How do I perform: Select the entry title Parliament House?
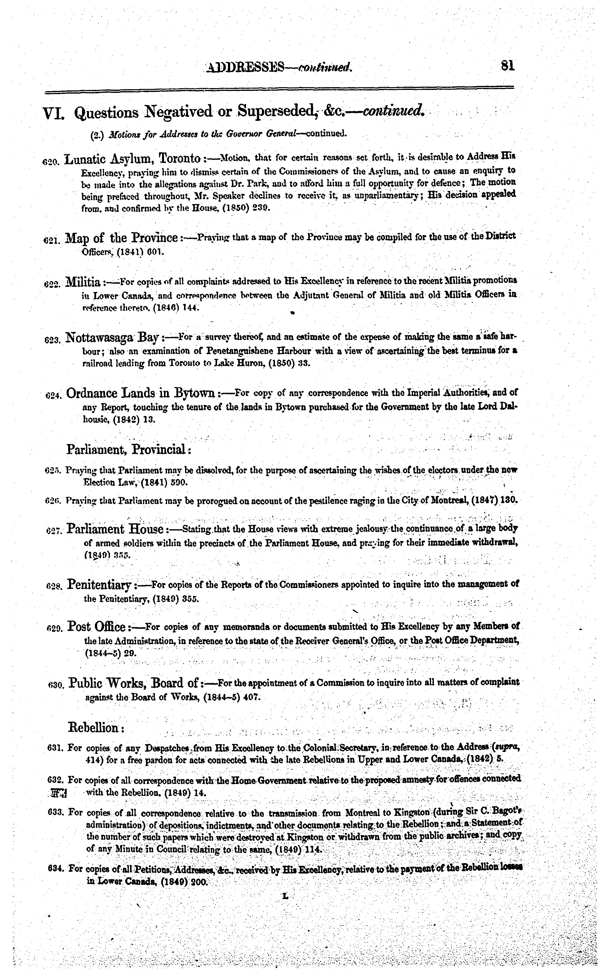[114, 529]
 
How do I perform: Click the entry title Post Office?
[97, 626]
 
